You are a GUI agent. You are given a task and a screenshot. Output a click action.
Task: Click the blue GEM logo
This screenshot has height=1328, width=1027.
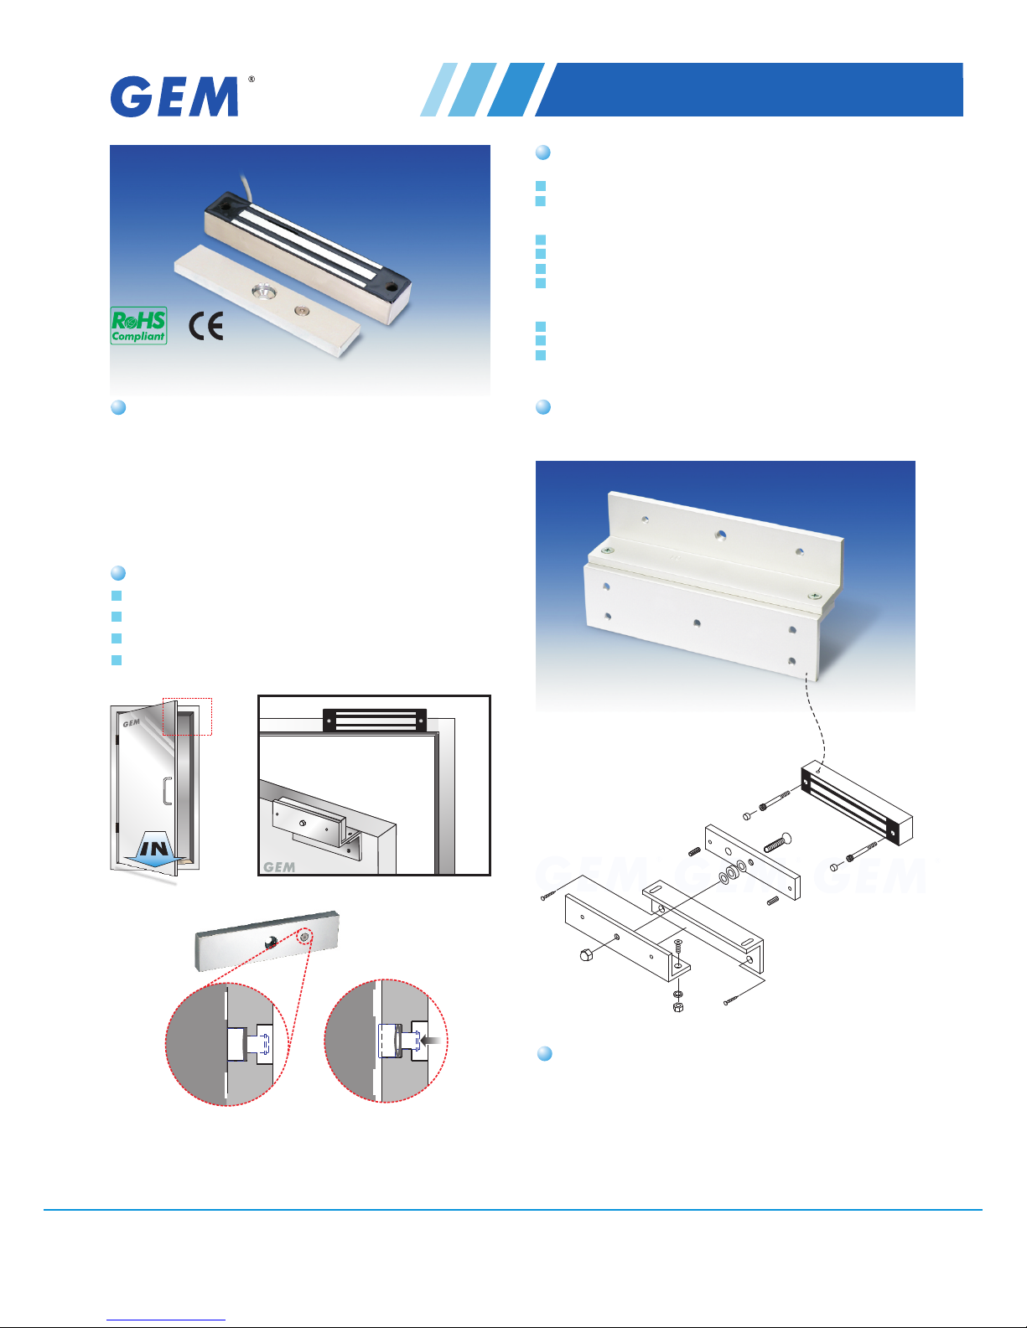(x=174, y=96)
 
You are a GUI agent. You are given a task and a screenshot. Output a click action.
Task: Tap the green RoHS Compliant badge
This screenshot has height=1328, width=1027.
(x=139, y=326)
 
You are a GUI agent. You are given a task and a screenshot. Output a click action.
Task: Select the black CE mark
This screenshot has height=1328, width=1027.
(x=206, y=326)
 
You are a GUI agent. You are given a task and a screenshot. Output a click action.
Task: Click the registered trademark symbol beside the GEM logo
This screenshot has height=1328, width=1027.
(x=252, y=80)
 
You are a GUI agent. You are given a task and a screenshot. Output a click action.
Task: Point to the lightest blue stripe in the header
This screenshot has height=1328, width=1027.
(x=438, y=89)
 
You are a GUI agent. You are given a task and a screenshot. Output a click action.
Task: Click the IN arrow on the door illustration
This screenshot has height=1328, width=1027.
(x=154, y=850)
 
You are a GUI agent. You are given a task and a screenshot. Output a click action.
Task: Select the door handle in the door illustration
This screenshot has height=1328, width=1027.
(x=168, y=791)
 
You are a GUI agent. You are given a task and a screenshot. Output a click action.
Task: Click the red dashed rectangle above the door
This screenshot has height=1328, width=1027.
(x=187, y=716)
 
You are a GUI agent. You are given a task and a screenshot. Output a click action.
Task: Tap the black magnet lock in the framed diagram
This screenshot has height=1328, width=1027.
(x=374, y=720)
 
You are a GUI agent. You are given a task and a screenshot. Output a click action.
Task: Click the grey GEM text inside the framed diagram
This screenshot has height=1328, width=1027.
(x=279, y=867)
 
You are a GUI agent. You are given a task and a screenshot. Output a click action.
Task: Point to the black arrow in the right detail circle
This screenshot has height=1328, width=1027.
(x=431, y=1040)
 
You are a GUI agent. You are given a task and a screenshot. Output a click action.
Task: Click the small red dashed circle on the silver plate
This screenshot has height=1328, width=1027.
(x=305, y=936)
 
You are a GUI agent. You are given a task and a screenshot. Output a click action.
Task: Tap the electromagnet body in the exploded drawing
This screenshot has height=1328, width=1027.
(x=857, y=803)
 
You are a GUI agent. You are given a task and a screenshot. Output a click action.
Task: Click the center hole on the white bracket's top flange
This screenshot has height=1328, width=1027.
(x=721, y=535)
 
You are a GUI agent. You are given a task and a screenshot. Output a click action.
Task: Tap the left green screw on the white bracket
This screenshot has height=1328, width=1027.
(x=606, y=550)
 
